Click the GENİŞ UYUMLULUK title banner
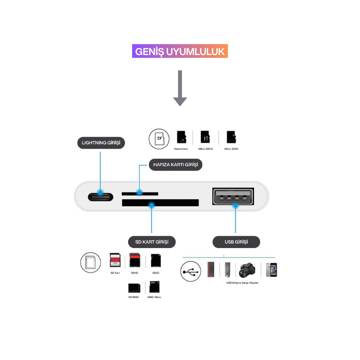180,51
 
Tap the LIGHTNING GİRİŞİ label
101,143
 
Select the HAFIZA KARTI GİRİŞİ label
176,165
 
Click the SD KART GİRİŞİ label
152,242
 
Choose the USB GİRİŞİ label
236,242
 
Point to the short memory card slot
140,194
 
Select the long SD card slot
160,203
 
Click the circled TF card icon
159,138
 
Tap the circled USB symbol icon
190,271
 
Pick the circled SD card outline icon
90,262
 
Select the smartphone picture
271,269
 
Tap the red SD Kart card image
115,260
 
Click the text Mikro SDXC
231,149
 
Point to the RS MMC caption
134,297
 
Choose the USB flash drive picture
227,269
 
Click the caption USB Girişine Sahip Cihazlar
242,283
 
